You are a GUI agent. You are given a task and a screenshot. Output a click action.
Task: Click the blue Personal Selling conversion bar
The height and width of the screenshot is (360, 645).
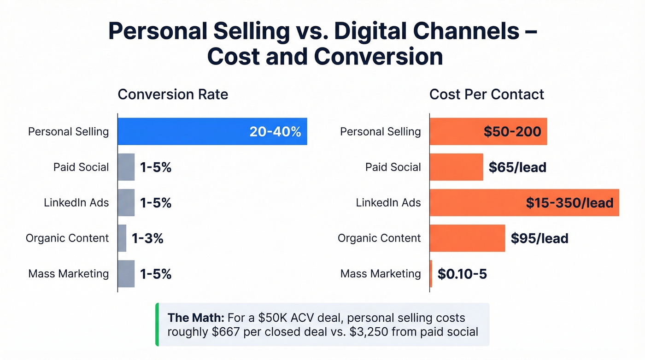point(184,131)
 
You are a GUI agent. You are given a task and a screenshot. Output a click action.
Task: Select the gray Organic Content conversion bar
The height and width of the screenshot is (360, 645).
point(122,238)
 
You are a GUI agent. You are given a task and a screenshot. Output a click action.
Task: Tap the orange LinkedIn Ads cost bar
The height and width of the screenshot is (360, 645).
point(475,202)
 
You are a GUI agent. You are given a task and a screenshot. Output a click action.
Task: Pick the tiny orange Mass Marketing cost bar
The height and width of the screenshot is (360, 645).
point(431,274)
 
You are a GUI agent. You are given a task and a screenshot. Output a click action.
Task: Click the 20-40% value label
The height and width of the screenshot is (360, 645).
point(275,132)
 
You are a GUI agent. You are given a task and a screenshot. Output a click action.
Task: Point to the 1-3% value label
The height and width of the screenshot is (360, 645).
point(147,238)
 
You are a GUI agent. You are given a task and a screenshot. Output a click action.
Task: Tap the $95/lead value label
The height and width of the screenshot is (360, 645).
point(539,238)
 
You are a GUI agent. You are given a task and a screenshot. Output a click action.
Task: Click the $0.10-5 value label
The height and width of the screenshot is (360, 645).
point(462,274)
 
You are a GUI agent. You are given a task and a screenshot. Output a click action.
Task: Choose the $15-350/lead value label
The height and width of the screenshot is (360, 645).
point(569,203)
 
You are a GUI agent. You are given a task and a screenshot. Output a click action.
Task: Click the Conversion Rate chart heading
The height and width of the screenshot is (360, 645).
point(173,94)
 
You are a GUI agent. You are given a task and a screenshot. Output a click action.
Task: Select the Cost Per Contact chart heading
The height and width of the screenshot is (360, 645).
point(487,94)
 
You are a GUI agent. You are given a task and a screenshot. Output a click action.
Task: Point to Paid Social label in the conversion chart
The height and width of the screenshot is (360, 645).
point(81,167)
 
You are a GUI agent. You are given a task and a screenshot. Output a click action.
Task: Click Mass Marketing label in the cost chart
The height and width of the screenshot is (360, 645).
point(381,274)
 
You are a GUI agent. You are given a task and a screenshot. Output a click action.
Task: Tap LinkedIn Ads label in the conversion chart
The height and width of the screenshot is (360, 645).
point(76,202)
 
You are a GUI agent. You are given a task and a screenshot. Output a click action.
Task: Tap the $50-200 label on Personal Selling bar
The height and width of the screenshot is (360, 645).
point(512,132)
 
